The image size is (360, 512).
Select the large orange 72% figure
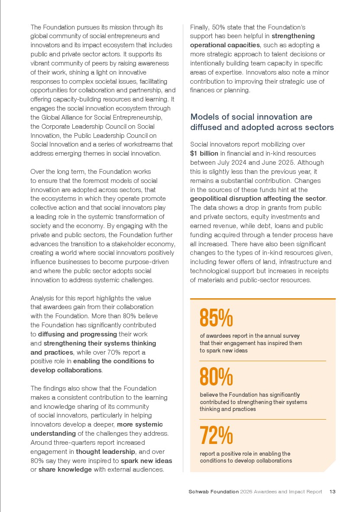(216, 435)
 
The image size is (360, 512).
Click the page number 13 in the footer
(333, 492)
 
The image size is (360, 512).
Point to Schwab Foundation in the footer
(214, 492)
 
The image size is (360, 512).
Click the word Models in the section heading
(206, 117)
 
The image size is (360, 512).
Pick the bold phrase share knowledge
(65, 470)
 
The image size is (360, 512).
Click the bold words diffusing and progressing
(78, 334)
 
